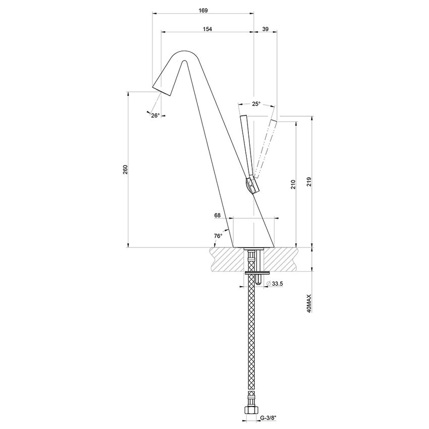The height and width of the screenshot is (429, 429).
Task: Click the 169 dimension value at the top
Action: click(203, 10)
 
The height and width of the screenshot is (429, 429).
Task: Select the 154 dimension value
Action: click(207, 29)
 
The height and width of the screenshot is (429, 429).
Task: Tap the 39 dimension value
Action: click(265, 29)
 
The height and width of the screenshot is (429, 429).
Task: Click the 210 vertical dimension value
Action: click(293, 185)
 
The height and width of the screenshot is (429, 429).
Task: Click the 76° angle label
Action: click(218, 236)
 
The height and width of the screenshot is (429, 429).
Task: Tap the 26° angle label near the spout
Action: click(155, 116)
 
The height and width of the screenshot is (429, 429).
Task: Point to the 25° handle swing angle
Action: click(256, 104)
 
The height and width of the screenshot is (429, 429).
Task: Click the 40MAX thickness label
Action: click(308, 304)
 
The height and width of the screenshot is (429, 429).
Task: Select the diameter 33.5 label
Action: click(277, 284)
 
